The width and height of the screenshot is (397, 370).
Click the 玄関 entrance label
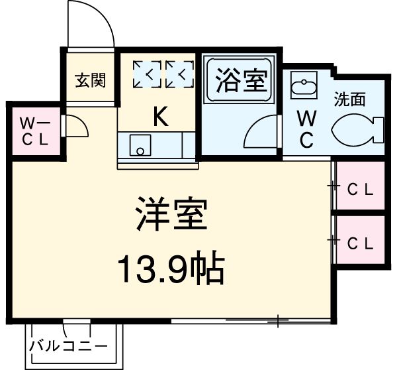click(x=89, y=80)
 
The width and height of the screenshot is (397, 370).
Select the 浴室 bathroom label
click(x=241, y=82)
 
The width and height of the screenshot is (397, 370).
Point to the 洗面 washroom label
click(x=349, y=99)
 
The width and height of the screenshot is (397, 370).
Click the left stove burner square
click(x=146, y=75)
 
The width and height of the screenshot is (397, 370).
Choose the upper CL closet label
click(x=361, y=188)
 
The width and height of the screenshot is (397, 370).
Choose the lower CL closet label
click(x=361, y=242)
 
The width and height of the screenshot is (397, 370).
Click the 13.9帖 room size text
click(x=171, y=269)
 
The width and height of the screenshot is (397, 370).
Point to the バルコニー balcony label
click(x=67, y=346)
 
